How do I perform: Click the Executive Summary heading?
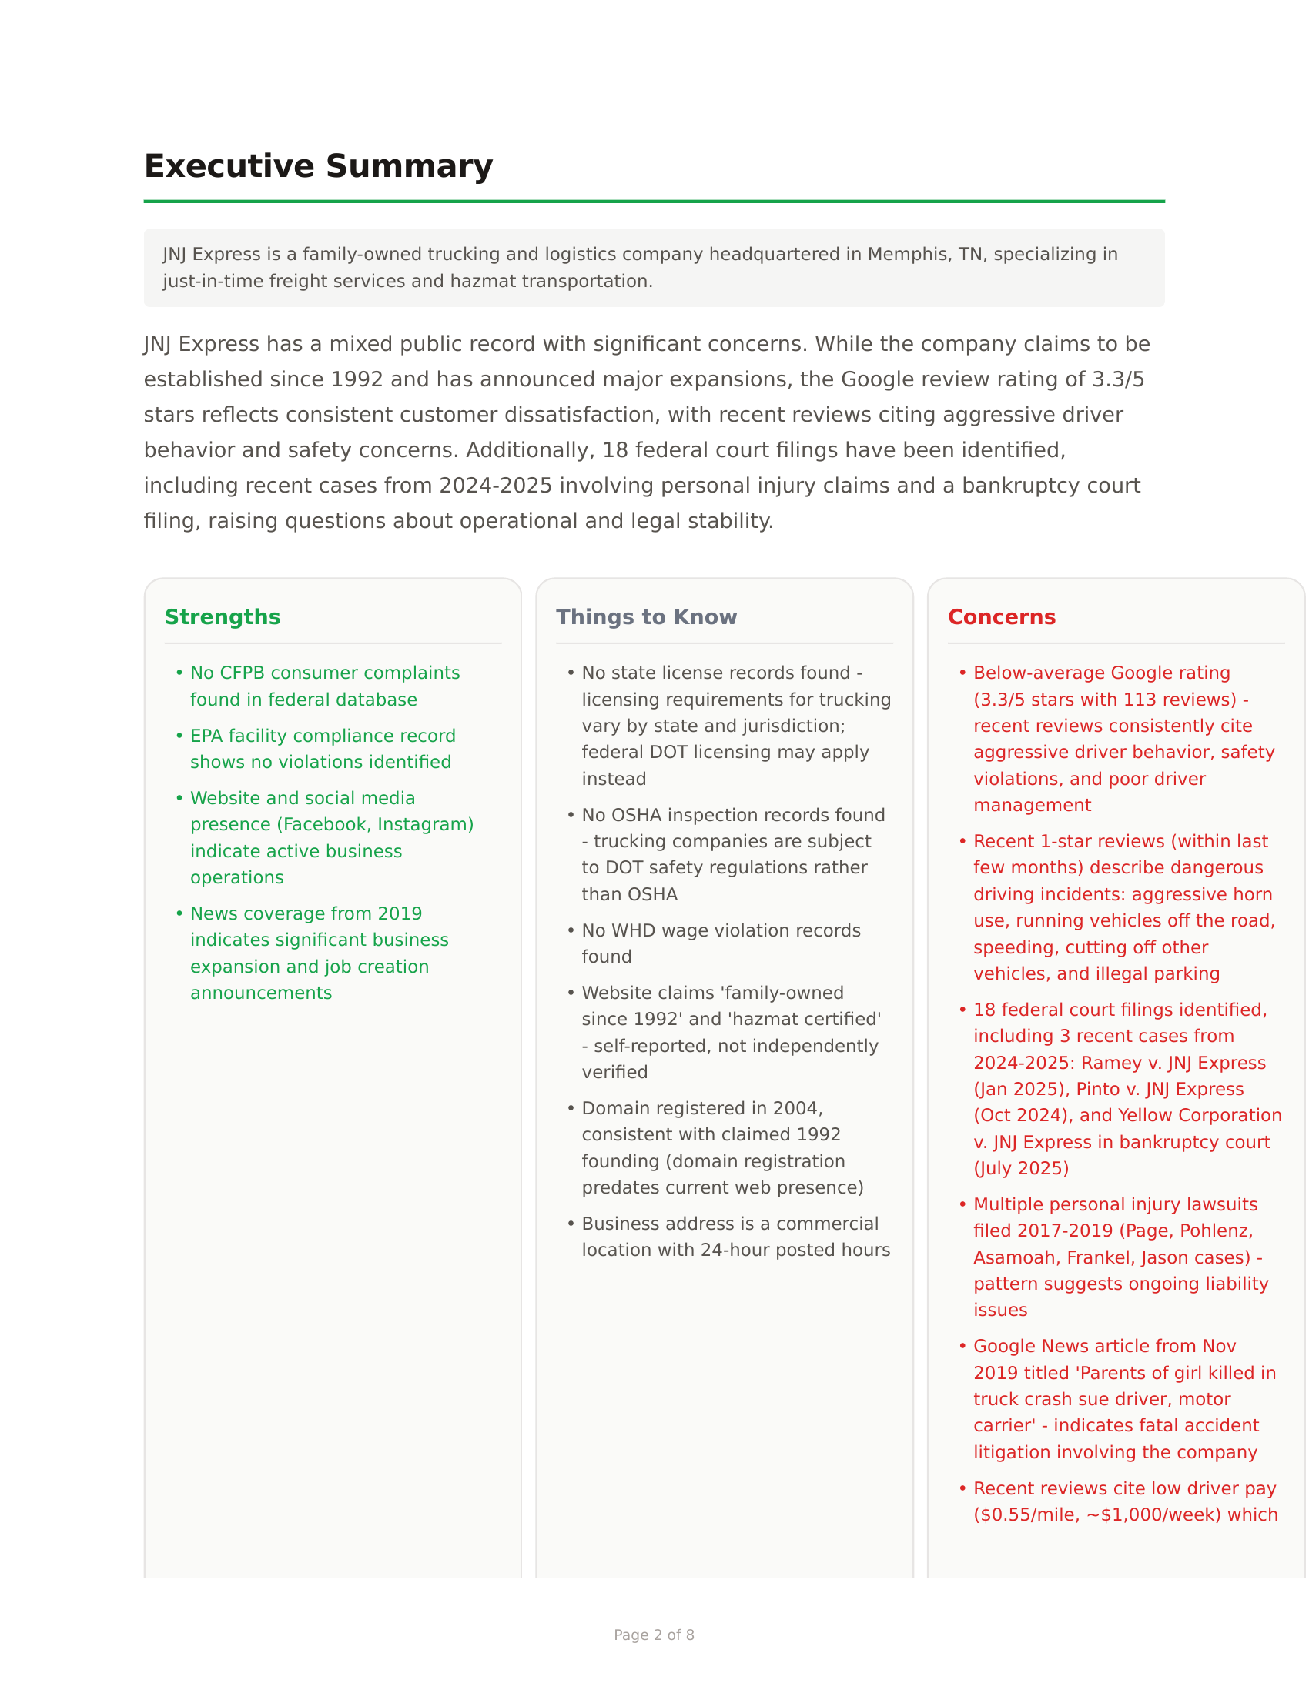pos(318,167)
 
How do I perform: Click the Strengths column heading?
pos(223,617)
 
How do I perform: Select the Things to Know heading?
pos(646,617)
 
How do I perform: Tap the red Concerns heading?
pos(1001,617)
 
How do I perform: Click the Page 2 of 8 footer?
pos(654,1635)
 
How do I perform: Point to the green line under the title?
pos(654,202)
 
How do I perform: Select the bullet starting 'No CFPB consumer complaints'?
pos(324,686)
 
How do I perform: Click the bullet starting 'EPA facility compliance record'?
pos(323,749)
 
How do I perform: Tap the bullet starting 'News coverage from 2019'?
pos(318,953)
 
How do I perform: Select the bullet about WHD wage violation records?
pos(721,943)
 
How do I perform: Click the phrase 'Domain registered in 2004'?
pos(701,1108)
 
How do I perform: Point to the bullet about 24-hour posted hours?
pos(735,1237)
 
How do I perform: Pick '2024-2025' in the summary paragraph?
pos(496,486)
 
